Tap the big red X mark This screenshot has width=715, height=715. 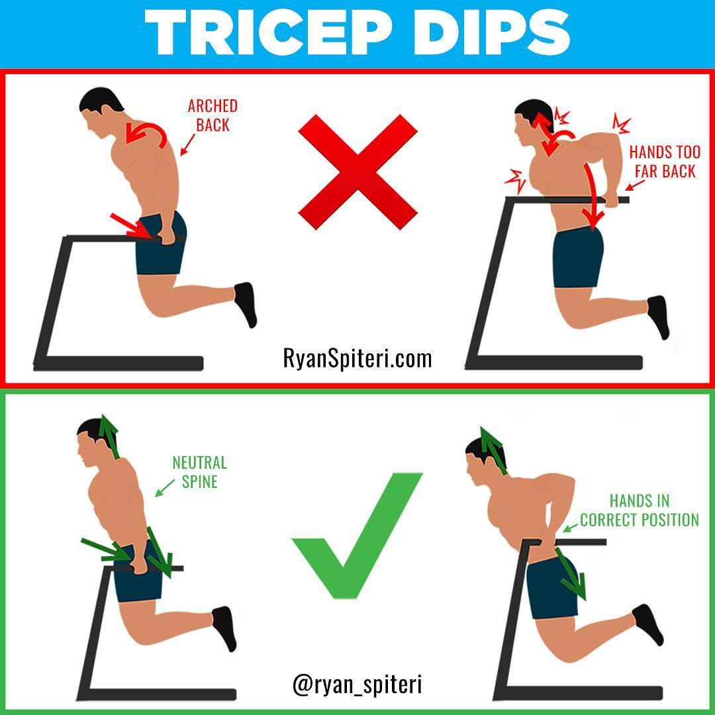tap(358, 172)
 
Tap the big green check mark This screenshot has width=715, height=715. tap(357, 536)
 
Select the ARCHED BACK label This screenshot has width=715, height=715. tap(213, 115)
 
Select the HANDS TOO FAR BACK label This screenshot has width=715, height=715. tap(665, 162)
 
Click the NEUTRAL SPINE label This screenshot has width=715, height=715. tap(199, 472)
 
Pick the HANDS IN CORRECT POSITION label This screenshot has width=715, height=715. tap(640, 510)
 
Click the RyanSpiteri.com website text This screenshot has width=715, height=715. tap(357, 358)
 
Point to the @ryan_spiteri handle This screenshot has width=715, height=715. tap(357, 685)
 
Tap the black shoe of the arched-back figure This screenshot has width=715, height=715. tap(246, 304)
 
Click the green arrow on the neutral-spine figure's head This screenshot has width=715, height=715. tap(110, 436)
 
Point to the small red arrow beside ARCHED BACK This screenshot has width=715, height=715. tap(187, 144)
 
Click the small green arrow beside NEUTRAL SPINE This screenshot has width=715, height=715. tap(165, 487)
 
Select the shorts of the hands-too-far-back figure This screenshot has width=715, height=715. tap(578, 258)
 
